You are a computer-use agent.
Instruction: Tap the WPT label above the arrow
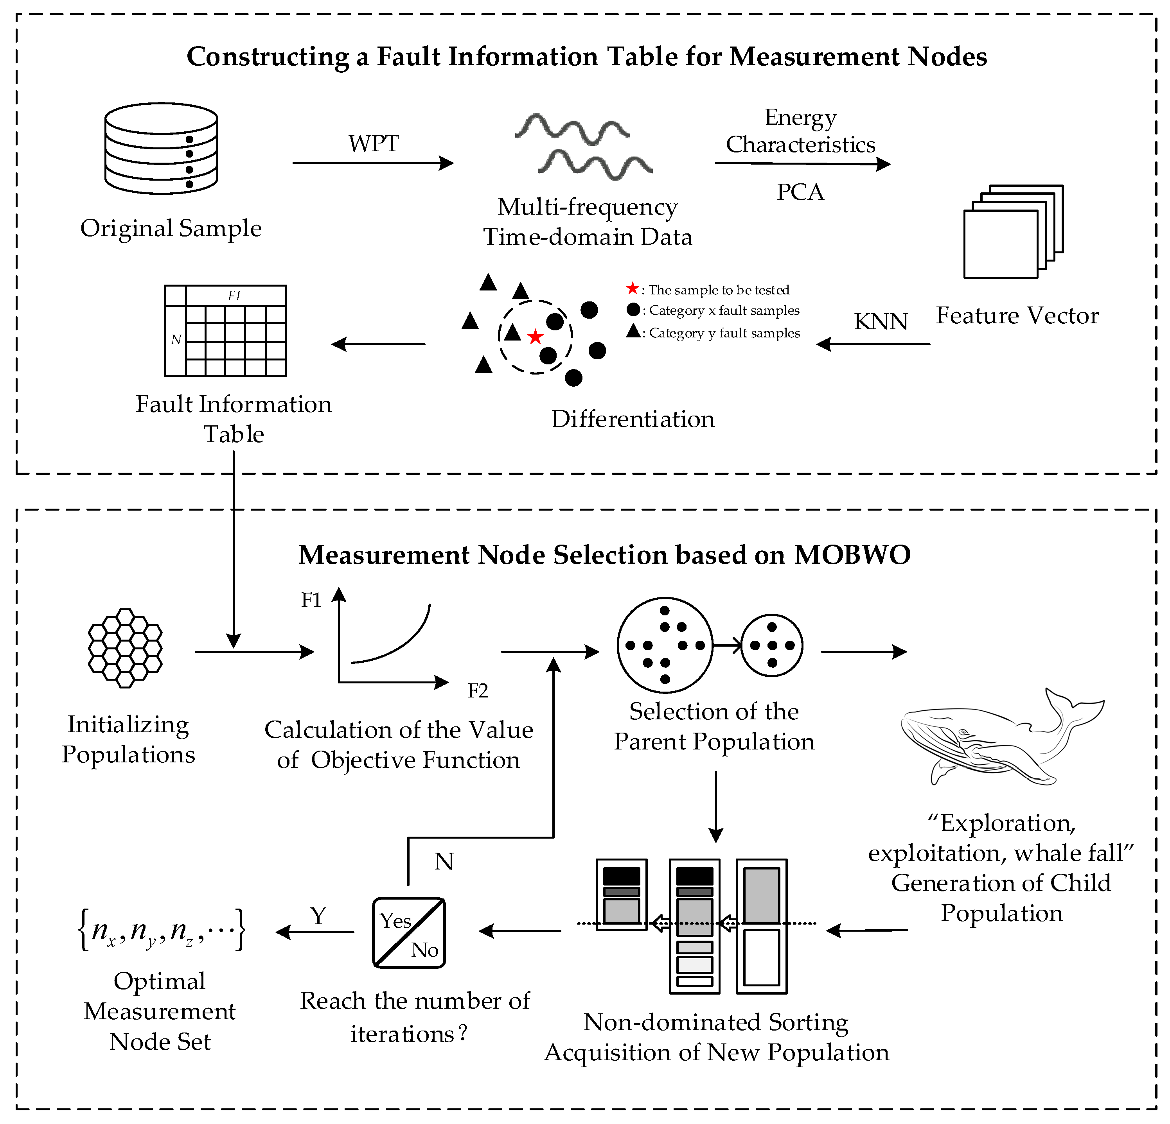point(374,144)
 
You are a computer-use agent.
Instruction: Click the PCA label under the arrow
point(800,192)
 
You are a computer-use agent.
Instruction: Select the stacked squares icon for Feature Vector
point(1013,231)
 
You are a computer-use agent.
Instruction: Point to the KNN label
point(881,322)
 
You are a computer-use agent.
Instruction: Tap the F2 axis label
point(478,691)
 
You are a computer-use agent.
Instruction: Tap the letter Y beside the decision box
point(318,916)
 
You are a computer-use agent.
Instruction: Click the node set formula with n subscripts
point(161,930)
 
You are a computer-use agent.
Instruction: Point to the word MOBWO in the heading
point(852,555)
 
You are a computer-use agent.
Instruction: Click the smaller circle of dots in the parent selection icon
point(772,645)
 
